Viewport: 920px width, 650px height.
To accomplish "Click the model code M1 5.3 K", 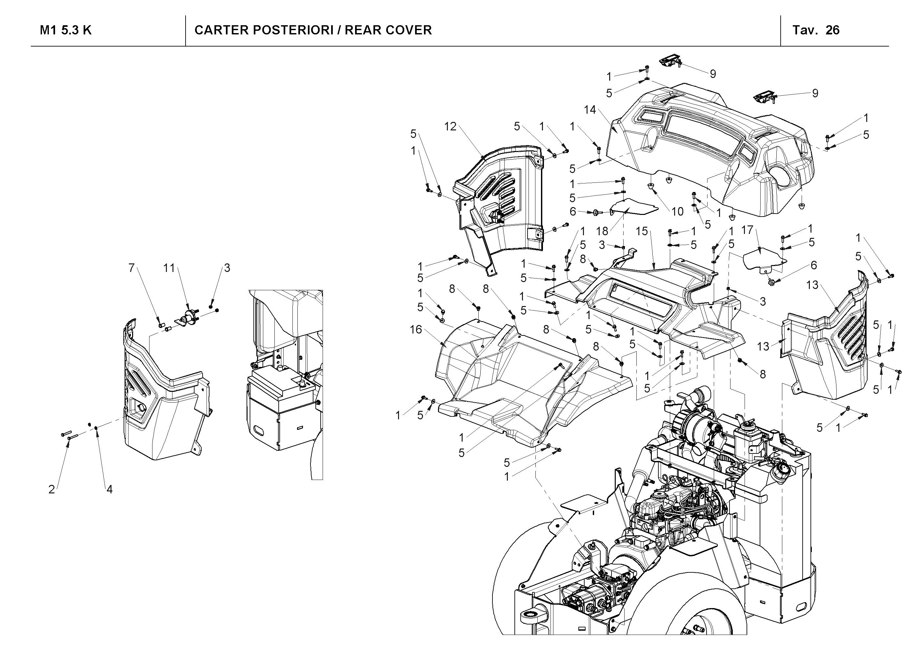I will click(x=66, y=30).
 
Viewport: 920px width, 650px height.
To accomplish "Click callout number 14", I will click(x=590, y=109).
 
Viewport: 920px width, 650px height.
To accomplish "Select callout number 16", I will click(x=416, y=329).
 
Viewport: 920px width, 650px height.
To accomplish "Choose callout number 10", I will click(x=677, y=211).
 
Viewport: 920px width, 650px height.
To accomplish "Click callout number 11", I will click(x=169, y=268).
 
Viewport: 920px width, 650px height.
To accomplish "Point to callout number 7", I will click(x=131, y=268).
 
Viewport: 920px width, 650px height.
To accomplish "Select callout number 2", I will click(x=52, y=489).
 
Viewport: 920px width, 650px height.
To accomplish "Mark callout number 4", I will click(x=110, y=489).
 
